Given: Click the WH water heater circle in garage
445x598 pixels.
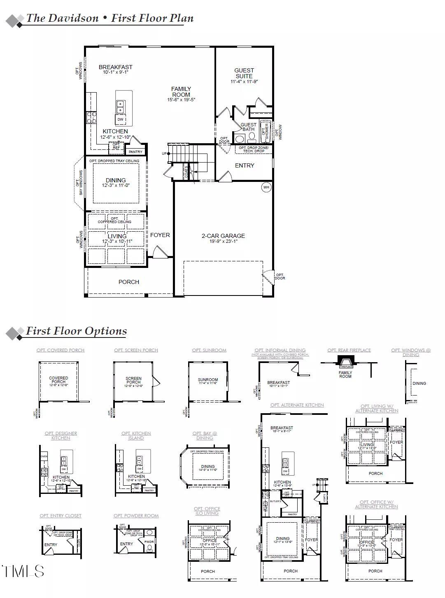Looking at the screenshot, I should click(x=266, y=188).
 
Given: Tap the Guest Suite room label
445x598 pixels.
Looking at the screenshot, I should click(x=244, y=73).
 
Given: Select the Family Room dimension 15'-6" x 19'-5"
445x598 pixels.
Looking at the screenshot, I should click(x=181, y=100).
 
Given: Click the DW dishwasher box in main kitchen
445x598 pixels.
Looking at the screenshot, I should click(x=120, y=120).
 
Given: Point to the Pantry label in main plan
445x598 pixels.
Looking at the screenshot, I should click(x=135, y=152).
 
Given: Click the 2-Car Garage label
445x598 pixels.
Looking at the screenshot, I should click(x=223, y=236).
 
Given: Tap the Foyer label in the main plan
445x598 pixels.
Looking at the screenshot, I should click(x=160, y=235).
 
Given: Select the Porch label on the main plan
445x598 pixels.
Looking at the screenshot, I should click(x=129, y=282).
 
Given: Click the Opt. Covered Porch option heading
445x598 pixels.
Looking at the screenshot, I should click(x=61, y=350).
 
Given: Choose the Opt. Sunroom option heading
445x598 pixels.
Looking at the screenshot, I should click(x=209, y=350).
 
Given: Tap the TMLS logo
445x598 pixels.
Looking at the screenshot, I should click(x=23, y=571).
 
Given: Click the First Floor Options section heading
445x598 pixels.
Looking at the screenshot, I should click(x=76, y=331).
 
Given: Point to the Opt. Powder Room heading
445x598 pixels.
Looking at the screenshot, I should click(x=136, y=516).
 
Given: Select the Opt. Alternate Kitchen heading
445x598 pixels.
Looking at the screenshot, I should click(x=297, y=405).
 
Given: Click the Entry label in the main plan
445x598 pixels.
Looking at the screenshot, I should click(x=245, y=165).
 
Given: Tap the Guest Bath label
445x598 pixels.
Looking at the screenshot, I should click(x=248, y=127).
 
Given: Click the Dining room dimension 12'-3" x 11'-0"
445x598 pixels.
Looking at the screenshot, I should click(x=116, y=186).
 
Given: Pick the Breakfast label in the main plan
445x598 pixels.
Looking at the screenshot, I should click(x=116, y=67).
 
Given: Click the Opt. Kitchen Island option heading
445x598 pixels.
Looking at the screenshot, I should click(x=136, y=435).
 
